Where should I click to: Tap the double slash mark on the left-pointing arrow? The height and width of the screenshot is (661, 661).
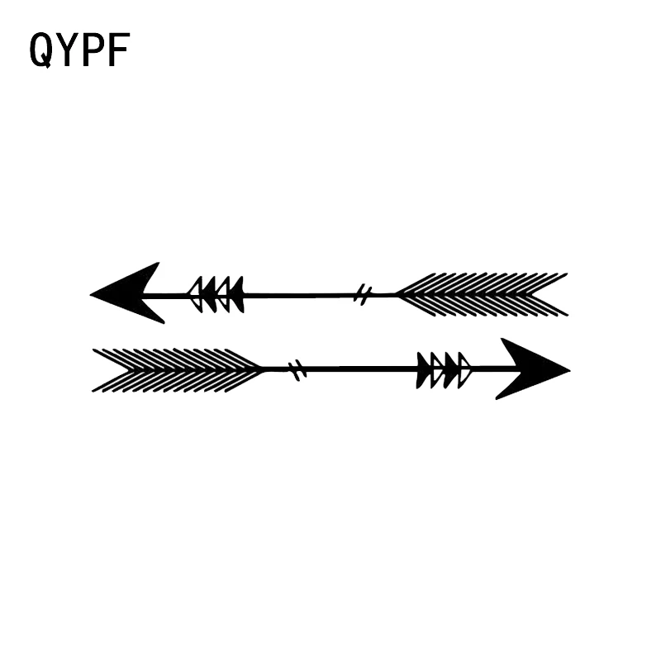[x=363, y=293]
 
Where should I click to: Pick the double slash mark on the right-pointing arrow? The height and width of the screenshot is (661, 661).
[x=298, y=369]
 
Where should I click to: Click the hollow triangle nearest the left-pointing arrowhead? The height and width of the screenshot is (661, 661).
[x=196, y=294]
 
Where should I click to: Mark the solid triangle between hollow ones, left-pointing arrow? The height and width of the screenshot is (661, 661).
[x=209, y=294]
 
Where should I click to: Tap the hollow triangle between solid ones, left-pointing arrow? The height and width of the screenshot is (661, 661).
[x=223, y=294]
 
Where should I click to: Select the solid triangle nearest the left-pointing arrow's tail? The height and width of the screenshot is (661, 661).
[x=237, y=294]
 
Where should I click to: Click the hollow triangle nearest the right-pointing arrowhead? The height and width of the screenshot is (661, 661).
[x=464, y=369]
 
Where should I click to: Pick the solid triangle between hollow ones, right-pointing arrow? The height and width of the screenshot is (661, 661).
[x=451, y=369]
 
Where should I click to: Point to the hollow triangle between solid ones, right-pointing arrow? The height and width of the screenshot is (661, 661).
[x=438, y=369]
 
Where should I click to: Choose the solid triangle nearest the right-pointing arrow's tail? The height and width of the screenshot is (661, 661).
[x=424, y=369]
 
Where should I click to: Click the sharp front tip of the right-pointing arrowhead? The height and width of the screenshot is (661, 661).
[x=568, y=369]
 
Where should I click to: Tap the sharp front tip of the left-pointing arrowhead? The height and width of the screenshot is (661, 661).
[x=92, y=292]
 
